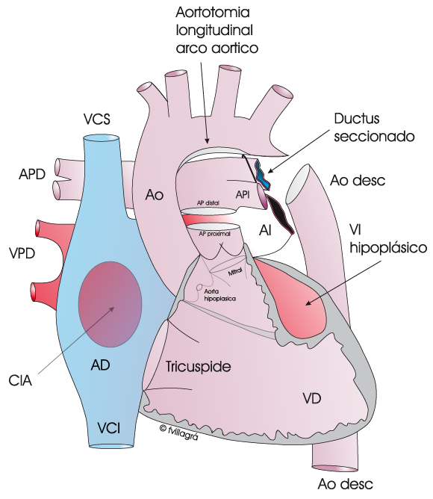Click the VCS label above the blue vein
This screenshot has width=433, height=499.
pyautogui.click(x=97, y=120)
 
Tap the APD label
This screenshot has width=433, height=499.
pyautogui.click(x=32, y=174)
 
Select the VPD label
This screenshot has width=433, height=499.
pyautogui.click(x=22, y=254)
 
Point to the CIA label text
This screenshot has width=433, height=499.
pyautogui.click(x=20, y=380)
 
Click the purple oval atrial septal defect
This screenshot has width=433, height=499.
pyautogui.click(x=110, y=304)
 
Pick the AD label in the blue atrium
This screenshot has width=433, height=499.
pyautogui.click(x=101, y=365)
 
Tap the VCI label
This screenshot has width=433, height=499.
pyautogui.click(x=109, y=428)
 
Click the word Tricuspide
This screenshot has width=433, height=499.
pyautogui.click(x=198, y=367)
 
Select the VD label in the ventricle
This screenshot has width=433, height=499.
pyautogui.click(x=312, y=398)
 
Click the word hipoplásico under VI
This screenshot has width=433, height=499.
pyautogui.click(x=388, y=247)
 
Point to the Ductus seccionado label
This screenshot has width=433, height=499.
pyautogui.click(x=374, y=127)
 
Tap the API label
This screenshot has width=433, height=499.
pyautogui.click(x=243, y=194)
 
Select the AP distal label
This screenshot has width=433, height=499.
pyautogui.click(x=208, y=202)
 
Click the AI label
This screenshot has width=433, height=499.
pyautogui.click(x=265, y=230)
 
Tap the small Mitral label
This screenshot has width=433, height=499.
pyautogui.click(x=235, y=272)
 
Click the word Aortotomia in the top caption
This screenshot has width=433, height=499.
pyautogui.click(x=213, y=13)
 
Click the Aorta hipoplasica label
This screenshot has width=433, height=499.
pyautogui.click(x=220, y=295)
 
